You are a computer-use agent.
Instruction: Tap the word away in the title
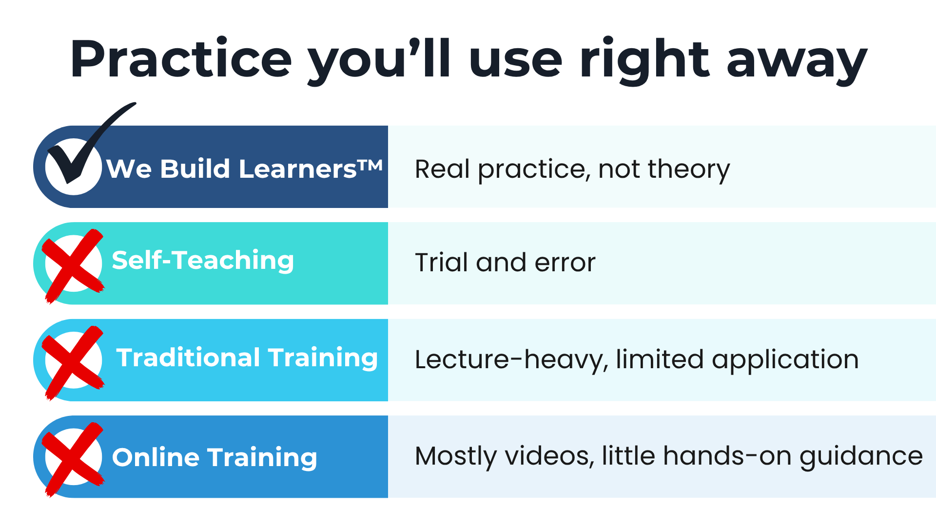[797, 64]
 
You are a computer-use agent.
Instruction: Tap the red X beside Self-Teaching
[73, 265]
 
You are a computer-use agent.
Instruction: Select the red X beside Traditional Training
[73, 362]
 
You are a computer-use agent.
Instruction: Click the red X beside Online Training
[73, 459]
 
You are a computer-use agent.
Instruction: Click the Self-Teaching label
[203, 261]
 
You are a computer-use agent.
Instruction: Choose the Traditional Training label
[247, 358]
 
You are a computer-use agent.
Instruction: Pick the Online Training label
[214, 458]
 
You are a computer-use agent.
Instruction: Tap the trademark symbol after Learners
[370, 165]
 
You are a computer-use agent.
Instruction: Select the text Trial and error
[506, 263]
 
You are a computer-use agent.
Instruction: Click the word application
[785, 360]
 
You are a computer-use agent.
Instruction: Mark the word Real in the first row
[442, 169]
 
